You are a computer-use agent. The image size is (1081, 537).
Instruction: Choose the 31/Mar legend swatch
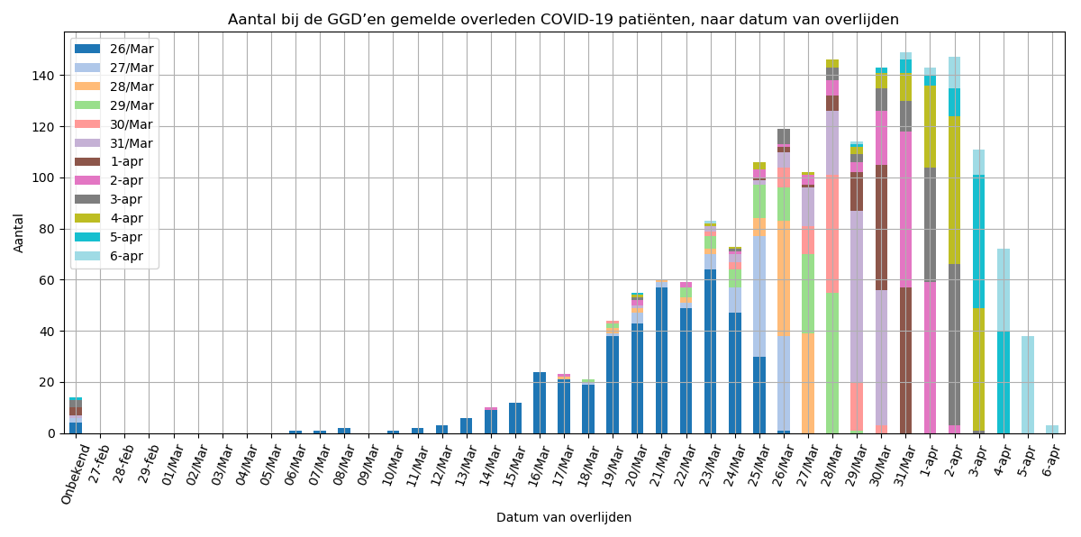click(x=87, y=143)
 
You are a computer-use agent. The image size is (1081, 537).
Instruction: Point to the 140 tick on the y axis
click(x=50, y=76)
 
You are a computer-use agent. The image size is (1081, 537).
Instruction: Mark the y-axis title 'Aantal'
click(x=20, y=232)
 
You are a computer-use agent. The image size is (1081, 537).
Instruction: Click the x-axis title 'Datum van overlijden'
click(x=563, y=518)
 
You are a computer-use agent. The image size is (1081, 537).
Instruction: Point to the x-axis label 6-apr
click(x=1050, y=461)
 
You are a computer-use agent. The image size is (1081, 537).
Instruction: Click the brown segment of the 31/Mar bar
click(x=904, y=360)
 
